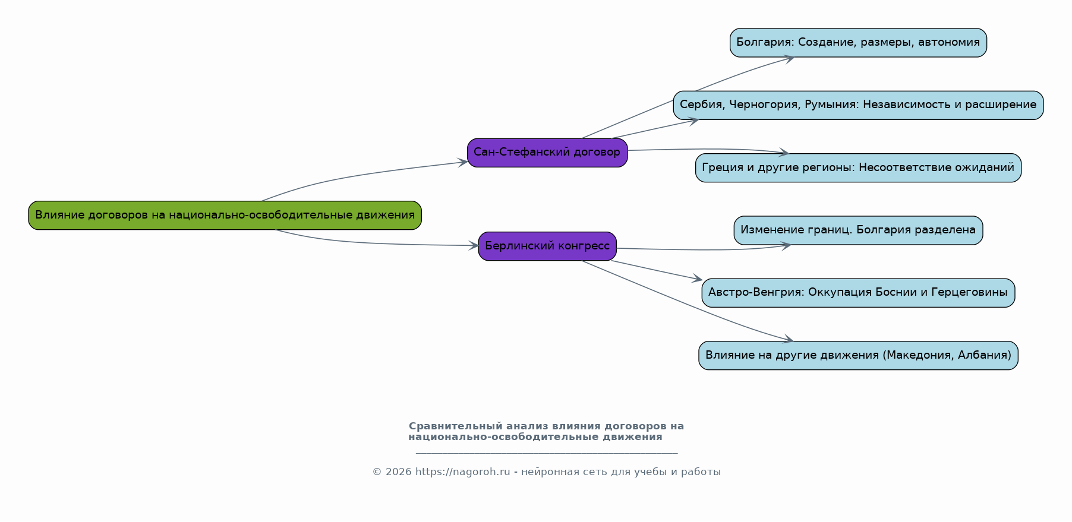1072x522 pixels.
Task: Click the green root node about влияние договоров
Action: [225, 215]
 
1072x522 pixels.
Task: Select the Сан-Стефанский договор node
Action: [547, 153]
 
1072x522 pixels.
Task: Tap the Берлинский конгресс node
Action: [547, 246]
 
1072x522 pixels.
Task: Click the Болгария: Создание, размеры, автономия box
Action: [858, 43]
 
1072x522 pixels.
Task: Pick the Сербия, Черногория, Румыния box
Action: [858, 105]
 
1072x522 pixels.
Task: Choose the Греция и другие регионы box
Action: [858, 168]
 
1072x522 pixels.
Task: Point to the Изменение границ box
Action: [858, 230]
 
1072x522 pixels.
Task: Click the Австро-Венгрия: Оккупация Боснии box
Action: [858, 293]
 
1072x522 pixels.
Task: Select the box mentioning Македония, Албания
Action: [858, 355]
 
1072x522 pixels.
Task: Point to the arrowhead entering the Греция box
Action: [783, 153]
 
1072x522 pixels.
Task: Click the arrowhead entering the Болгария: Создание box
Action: [789, 58]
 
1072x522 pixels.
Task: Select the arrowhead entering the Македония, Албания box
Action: [787, 339]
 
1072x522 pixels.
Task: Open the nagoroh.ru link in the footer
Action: [462, 472]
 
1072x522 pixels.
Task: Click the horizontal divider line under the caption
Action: [547, 453]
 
